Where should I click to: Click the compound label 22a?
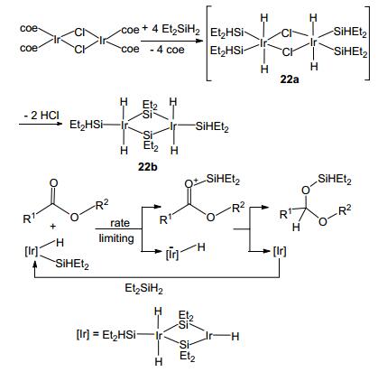(x=290, y=79)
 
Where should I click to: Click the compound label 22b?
(x=148, y=166)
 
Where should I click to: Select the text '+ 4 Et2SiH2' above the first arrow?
(x=171, y=29)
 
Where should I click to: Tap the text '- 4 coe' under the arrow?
(x=167, y=50)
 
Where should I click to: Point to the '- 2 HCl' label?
(x=41, y=116)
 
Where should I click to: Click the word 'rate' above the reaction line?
(x=120, y=223)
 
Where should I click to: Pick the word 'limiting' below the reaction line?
(x=116, y=238)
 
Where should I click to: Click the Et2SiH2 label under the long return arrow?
(x=143, y=289)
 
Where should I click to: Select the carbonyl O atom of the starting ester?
(x=54, y=183)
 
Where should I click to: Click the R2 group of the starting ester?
(x=102, y=205)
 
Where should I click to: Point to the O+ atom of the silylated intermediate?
(x=190, y=183)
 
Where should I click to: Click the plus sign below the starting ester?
(x=52, y=226)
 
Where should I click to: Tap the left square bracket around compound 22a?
(x=207, y=43)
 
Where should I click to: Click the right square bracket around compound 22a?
(x=368, y=43)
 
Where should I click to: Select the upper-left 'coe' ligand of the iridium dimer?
(x=29, y=29)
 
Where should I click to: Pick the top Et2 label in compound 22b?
(x=150, y=105)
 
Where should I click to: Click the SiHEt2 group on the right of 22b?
(x=212, y=126)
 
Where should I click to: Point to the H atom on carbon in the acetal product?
(x=296, y=227)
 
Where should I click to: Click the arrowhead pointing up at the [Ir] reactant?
(x=35, y=264)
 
